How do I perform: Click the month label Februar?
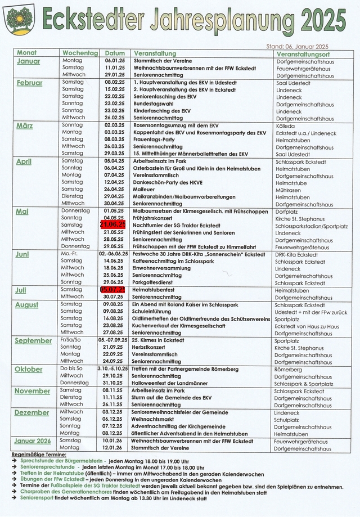[29, 83]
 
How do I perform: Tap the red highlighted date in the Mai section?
[112, 225]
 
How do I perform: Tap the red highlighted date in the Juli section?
[112, 290]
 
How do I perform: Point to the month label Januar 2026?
[32, 441]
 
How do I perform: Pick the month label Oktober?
[28, 370]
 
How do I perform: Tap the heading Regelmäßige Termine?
[38, 455]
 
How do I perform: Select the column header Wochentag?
[77, 53]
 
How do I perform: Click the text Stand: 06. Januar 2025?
[297, 46]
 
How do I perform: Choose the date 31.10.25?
[113, 383]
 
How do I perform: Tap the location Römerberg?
[288, 370]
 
